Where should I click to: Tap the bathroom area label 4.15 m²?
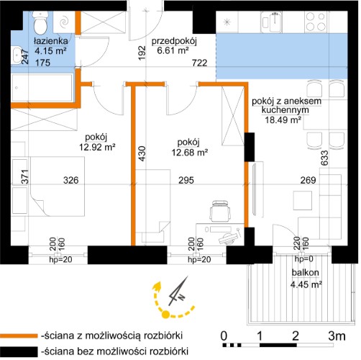point(50,51)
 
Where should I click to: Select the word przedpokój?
point(174,41)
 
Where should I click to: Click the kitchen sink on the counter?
point(271,22)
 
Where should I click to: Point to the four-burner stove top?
point(316,22)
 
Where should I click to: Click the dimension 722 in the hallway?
point(200,63)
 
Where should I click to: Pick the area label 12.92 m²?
point(97,147)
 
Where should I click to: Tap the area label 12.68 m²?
point(189,152)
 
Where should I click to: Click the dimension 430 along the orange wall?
point(142,153)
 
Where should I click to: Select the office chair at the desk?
point(220,211)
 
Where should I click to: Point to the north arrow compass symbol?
point(178,292)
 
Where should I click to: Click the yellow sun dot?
point(165,314)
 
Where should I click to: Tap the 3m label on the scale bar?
point(337,336)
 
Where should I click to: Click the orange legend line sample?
point(19,336)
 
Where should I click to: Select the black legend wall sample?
point(19,351)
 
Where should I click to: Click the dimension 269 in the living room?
point(308,180)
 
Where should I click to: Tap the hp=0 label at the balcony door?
point(304,259)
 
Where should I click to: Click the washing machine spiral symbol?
point(64,22)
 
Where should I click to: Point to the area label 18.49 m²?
point(283,120)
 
